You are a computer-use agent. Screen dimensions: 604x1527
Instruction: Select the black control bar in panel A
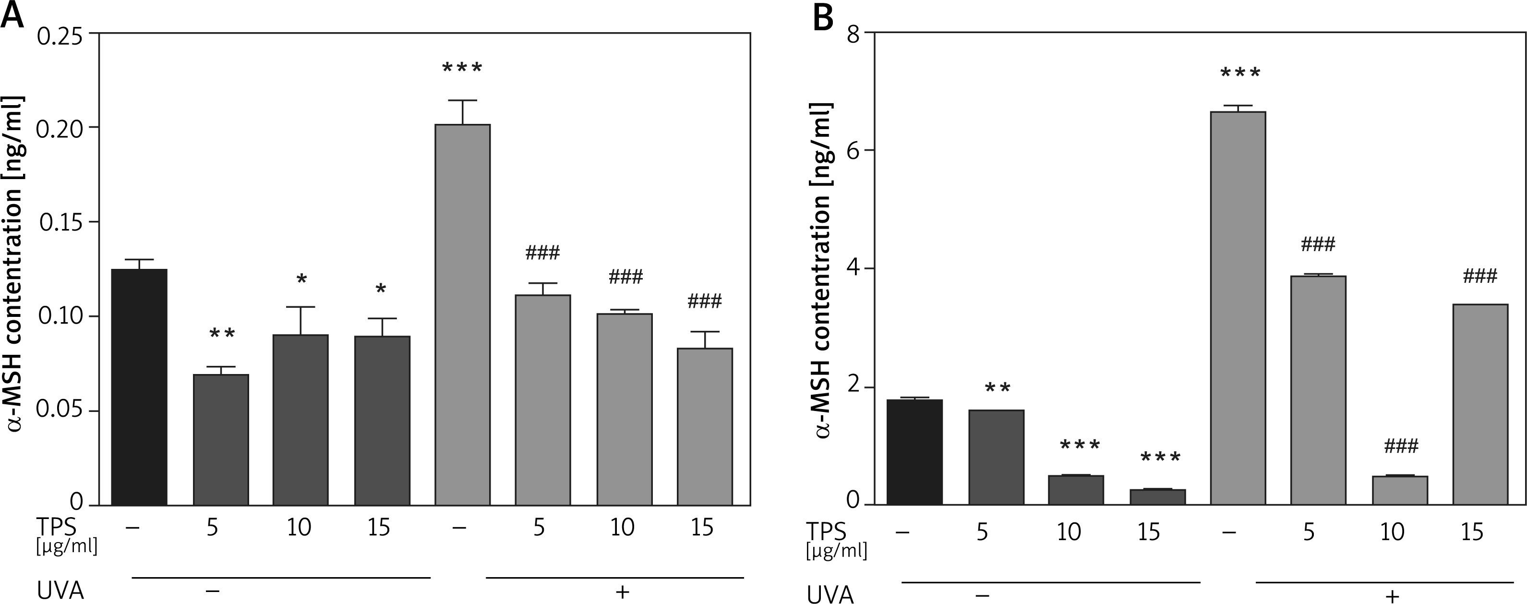pyautogui.click(x=139, y=387)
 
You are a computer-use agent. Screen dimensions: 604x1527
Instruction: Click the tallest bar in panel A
pyautogui.click(x=462, y=314)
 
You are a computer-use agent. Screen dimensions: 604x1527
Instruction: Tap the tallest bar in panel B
pyautogui.click(x=1238, y=307)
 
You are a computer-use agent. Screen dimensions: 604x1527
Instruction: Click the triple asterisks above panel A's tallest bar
pyautogui.click(x=462, y=68)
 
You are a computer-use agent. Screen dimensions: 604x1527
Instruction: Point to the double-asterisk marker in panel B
pyautogui.click(x=997, y=389)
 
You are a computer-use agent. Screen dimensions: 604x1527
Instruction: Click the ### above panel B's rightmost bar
pyautogui.click(x=1480, y=276)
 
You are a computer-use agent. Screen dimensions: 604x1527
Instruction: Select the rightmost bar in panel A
pyautogui.click(x=705, y=427)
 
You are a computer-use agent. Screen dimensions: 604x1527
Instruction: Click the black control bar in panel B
pyautogui.click(x=914, y=452)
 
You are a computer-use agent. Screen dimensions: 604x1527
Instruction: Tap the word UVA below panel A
pyautogui.click(x=60, y=591)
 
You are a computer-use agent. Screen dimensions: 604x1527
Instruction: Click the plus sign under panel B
pyautogui.click(x=1392, y=595)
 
